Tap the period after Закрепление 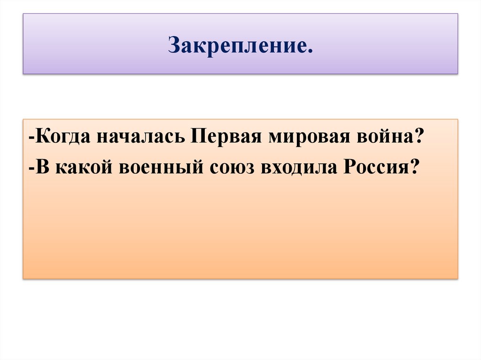[x=309, y=50]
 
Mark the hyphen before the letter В [x=31, y=168]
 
